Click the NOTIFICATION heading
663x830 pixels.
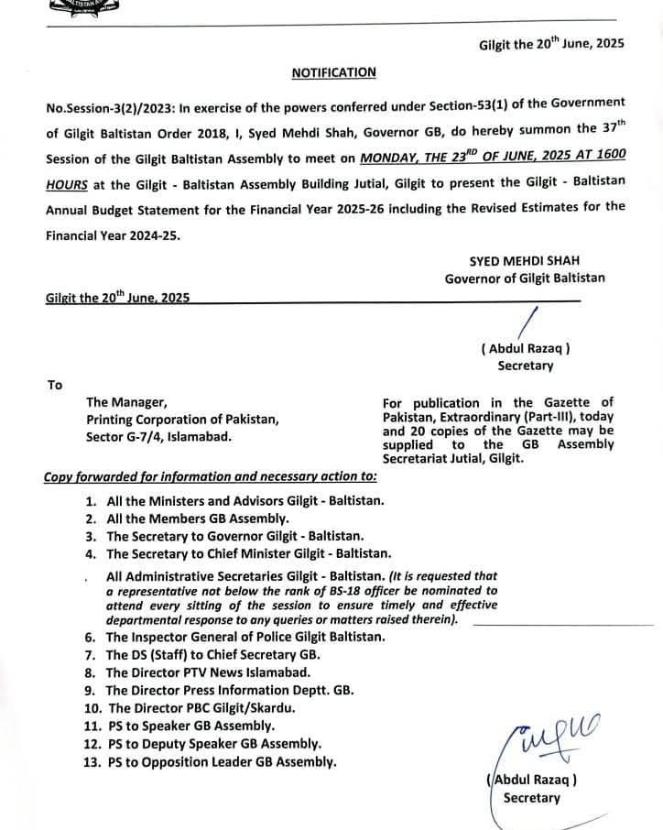tap(333, 71)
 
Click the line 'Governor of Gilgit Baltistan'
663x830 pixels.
tap(525, 278)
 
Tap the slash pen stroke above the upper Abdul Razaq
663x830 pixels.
tap(527, 323)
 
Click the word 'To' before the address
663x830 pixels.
tap(55, 385)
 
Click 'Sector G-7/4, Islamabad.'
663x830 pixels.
tap(158, 436)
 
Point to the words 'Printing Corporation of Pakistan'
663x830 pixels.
tap(182, 420)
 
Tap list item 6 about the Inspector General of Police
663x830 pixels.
tap(245, 637)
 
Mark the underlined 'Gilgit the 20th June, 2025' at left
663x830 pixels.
tap(117, 298)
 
